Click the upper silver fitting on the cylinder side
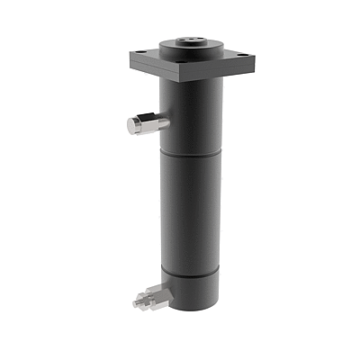(x=144, y=124)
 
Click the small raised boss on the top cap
(x=193, y=40)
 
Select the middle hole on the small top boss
(x=193, y=40)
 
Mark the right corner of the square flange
(x=255, y=58)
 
